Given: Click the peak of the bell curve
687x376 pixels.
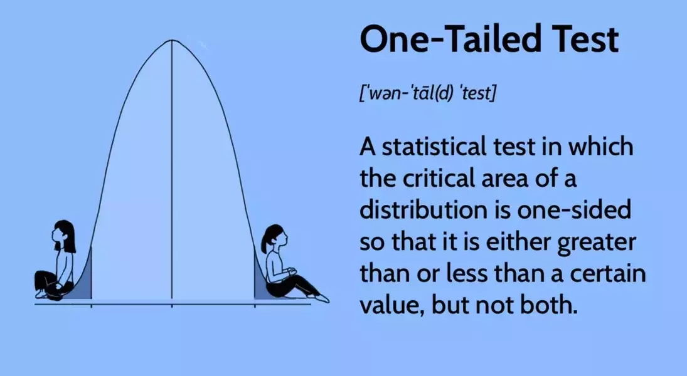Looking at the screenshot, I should [x=173, y=41].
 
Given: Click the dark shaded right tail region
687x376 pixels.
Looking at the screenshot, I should [x=259, y=282].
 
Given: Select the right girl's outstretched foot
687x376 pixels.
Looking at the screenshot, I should [x=322, y=298].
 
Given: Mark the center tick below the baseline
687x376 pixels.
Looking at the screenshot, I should [x=173, y=306].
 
